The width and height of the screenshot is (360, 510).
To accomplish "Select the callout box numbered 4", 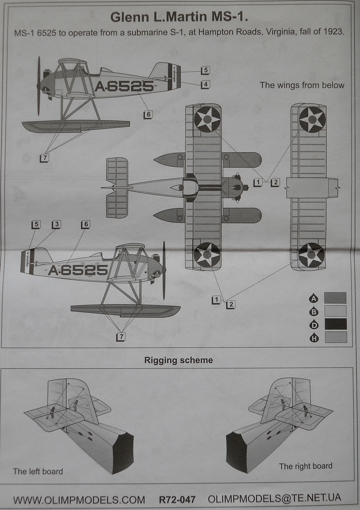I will (x=205, y=85).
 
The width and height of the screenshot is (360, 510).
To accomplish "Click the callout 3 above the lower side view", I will (x=56, y=225).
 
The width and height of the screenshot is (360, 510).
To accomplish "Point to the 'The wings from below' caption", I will (x=302, y=85).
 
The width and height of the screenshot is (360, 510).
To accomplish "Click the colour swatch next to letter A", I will (x=335, y=298).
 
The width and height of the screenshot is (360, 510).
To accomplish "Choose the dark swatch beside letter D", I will (x=335, y=324).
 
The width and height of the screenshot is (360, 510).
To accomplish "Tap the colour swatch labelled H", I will (x=335, y=338).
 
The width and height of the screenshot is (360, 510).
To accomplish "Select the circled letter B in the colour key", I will (x=314, y=311).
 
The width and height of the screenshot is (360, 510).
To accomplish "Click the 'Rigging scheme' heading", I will (x=178, y=360).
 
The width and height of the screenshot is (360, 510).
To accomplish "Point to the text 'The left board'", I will (x=38, y=471).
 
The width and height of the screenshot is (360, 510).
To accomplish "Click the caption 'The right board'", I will (x=305, y=466).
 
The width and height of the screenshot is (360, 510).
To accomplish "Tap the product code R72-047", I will (x=177, y=499).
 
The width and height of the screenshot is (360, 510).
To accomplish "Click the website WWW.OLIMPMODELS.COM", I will (x=79, y=499).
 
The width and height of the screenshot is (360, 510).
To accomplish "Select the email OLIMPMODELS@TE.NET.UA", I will (x=274, y=498).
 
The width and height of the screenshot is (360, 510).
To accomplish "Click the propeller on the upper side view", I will (x=38, y=86).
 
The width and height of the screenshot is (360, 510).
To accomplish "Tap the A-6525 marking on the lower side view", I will (x=78, y=270).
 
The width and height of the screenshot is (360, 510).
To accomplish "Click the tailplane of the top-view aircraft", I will (x=117, y=188).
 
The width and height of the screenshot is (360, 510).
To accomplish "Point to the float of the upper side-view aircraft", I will (x=76, y=126).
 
